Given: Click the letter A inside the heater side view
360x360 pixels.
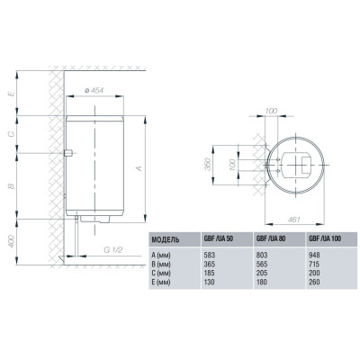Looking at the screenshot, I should [136, 167].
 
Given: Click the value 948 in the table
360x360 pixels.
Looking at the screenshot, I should [316, 256].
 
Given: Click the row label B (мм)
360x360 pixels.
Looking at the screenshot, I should [165, 265].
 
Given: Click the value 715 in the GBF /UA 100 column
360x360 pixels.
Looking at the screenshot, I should [316, 265].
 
